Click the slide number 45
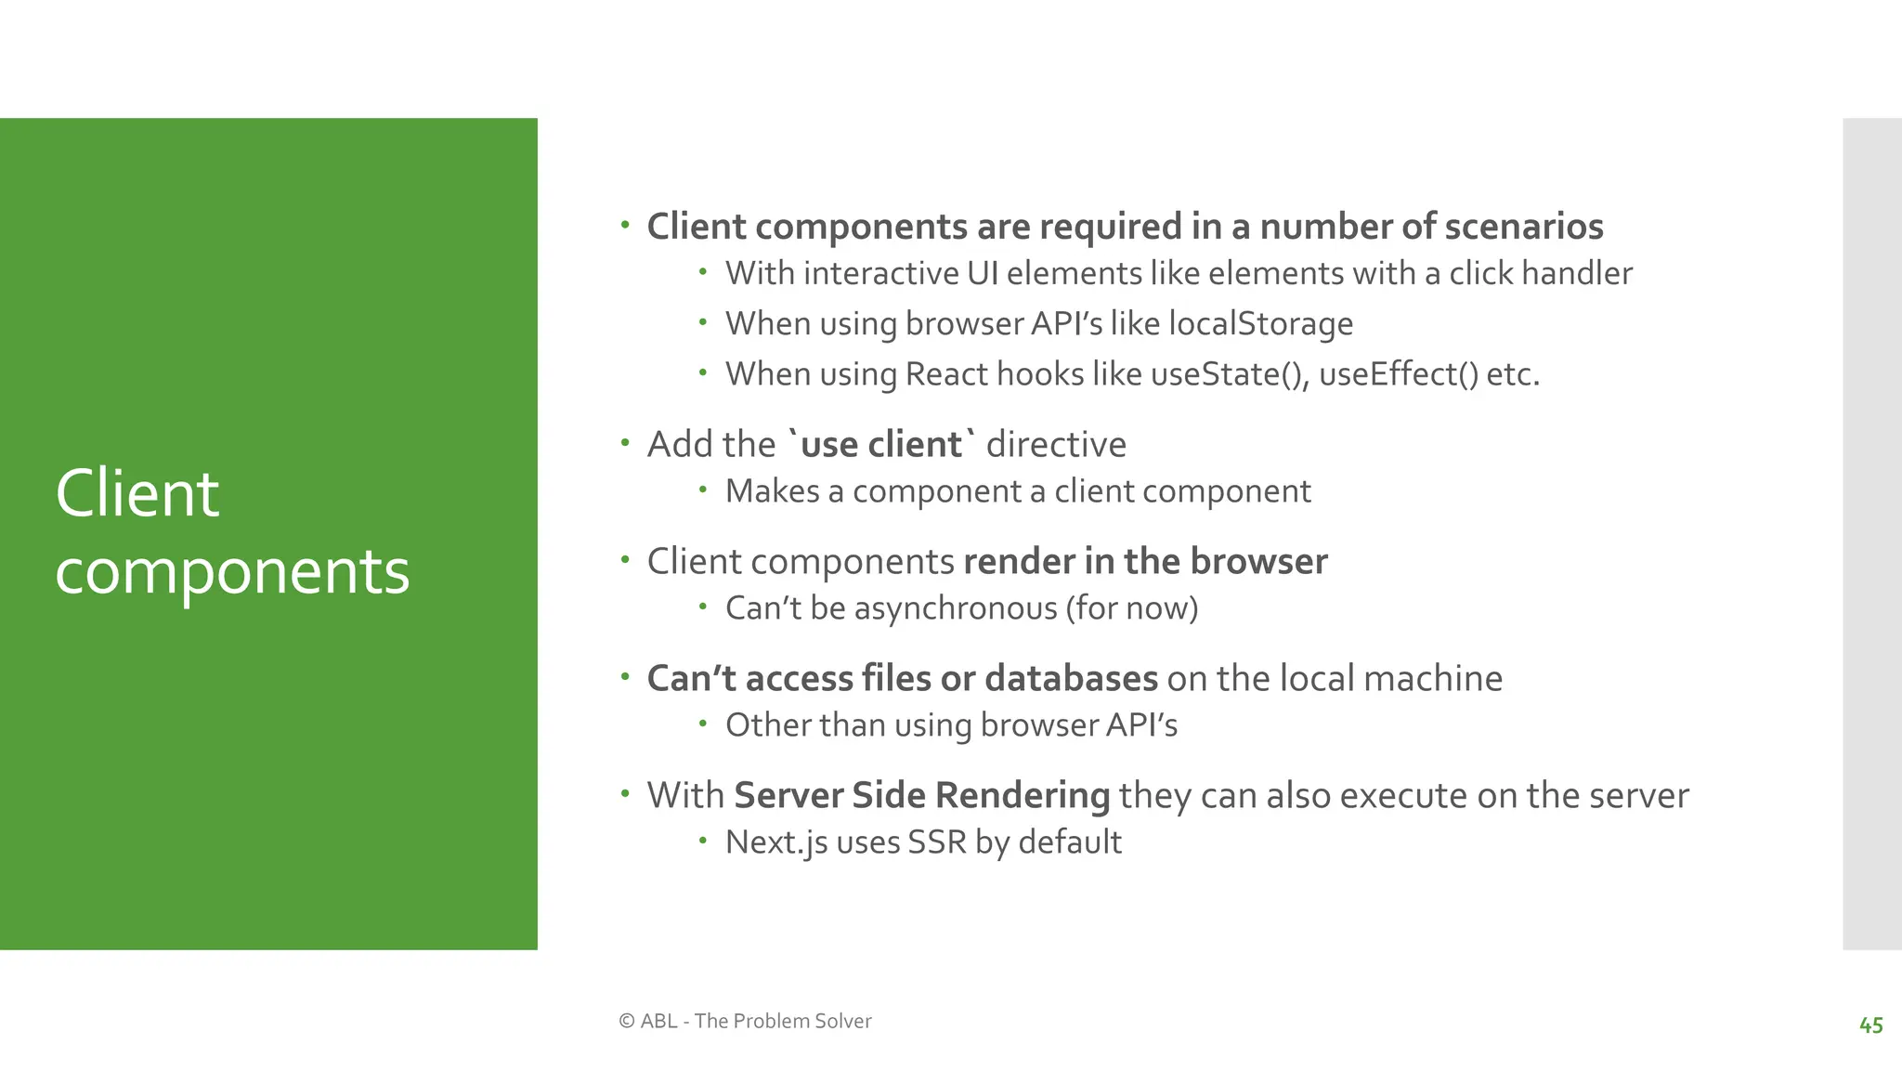click(x=1870, y=1025)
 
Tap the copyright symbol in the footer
click(x=627, y=1021)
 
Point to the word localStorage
click(x=1260, y=323)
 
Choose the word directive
click(x=1056, y=444)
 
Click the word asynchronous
click(x=955, y=608)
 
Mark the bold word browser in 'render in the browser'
click(x=1258, y=561)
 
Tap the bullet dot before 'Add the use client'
click(x=626, y=443)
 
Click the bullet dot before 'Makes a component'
click(x=703, y=489)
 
